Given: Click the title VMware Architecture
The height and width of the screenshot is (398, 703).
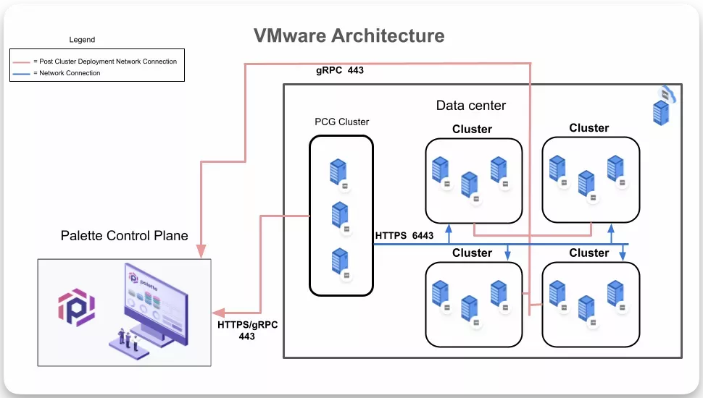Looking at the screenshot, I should (349, 35).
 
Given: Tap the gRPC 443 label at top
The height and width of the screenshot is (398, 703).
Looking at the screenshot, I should (341, 71).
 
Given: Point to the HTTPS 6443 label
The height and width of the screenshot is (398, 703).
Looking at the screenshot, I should (404, 235).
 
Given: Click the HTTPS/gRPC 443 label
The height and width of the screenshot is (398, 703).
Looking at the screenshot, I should (247, 330).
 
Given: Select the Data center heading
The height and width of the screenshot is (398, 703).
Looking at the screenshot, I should (470, 106).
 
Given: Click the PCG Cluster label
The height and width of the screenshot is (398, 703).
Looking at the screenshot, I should (341, 122).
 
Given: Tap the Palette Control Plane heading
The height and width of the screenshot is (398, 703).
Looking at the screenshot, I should (124, 235).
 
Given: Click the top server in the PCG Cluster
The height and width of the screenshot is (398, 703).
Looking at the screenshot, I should (338, 172).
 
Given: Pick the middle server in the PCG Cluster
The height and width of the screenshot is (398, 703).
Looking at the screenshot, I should (338, 214).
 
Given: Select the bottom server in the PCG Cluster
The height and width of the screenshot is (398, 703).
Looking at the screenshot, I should (338, 260).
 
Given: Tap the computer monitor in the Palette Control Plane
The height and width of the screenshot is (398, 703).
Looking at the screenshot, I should (155, 300).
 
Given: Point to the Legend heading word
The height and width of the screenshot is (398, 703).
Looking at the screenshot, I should (82, 40).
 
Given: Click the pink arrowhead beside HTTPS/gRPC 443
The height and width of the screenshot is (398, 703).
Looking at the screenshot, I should (217, 313).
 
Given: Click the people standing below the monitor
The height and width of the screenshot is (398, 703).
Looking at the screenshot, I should (128, 337).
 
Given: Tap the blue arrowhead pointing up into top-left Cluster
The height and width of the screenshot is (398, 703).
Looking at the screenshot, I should (449, 228).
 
